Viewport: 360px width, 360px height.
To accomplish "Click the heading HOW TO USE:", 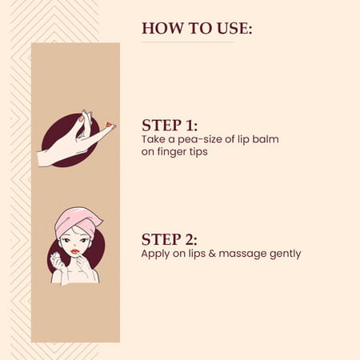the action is [x=197, y=28].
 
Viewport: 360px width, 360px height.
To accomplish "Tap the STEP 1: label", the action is [x=170, y=125].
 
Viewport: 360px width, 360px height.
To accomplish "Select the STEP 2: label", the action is [x=170, y=239].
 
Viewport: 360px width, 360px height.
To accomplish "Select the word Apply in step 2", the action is [x=155, y=254].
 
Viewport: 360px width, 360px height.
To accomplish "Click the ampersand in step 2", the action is [x=212, y=253].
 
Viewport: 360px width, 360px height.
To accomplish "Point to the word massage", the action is [x=242, y=254].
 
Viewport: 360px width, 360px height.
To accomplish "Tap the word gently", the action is [x=285, y=254].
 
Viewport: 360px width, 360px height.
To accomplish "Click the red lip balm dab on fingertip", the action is [x=108, y=124].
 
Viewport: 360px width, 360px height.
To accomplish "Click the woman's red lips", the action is [x=75, y=251].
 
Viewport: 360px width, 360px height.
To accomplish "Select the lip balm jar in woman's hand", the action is [x=55, y=258].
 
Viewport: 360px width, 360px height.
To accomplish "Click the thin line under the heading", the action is [x=188, y=42].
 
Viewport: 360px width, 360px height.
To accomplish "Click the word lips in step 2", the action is [x=197, y=254].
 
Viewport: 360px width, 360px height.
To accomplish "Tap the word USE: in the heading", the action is [x=234, y=28].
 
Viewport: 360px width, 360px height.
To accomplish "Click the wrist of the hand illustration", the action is [x=44, y=158].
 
